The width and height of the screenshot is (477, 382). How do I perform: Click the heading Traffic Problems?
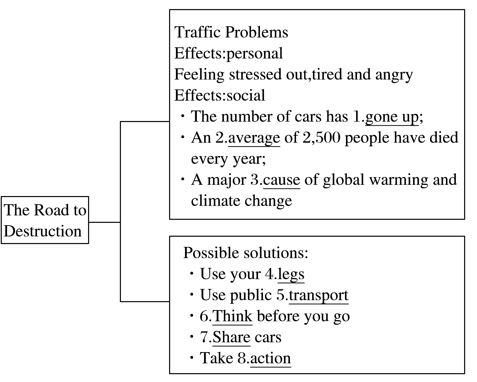tap(231, 32)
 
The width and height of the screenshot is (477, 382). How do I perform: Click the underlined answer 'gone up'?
tap(392, 117)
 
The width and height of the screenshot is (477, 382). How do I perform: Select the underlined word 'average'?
tap(254, 138)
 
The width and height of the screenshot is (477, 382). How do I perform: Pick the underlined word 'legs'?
tap(291, 274)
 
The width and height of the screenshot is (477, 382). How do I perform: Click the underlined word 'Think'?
tap(232, 316)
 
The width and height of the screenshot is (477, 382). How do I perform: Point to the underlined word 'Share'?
tap(231, 337)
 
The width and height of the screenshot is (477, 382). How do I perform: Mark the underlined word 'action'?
tap(271, 358)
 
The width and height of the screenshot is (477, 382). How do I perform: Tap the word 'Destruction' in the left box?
tap(43, 231)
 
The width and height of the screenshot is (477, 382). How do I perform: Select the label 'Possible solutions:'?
tap(246, 253)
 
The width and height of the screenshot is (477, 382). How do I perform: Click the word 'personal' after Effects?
tap(255, 53)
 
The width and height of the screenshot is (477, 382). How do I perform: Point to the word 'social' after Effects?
tap(246, 96)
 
